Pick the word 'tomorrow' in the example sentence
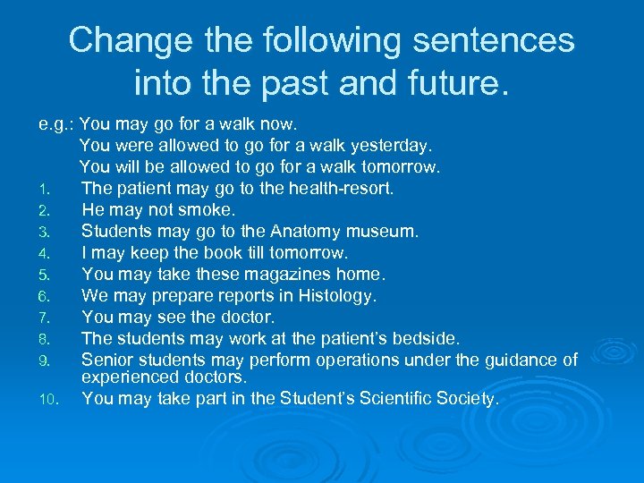click(399, 166)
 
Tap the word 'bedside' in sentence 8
click(424, 338)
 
